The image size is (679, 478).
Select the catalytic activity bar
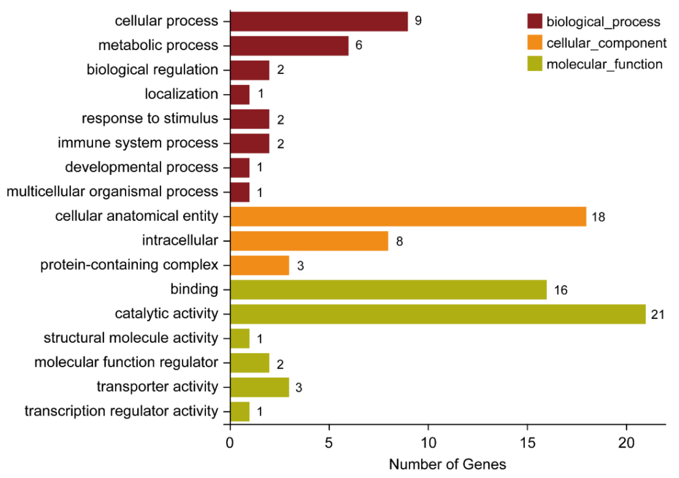(438, 314)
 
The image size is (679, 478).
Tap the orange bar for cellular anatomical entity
(408, 216)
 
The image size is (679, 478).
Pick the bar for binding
(388, 290)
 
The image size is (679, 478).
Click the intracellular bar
(309, 241)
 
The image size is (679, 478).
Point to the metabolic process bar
(289, 46)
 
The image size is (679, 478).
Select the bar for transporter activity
(260, 387)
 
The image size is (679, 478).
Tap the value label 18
(598, 217)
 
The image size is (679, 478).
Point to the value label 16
(561, 290)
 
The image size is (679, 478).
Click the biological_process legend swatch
(535, 21)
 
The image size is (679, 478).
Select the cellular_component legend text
(606, 43)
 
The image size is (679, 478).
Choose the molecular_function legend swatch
(535, 64)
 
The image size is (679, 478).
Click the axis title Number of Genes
(447, 465)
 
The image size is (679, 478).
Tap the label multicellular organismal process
(112, 192)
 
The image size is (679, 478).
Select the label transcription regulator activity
(121, 411)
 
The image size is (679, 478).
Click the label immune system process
(138, 143)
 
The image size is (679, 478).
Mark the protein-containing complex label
(129, 265)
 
